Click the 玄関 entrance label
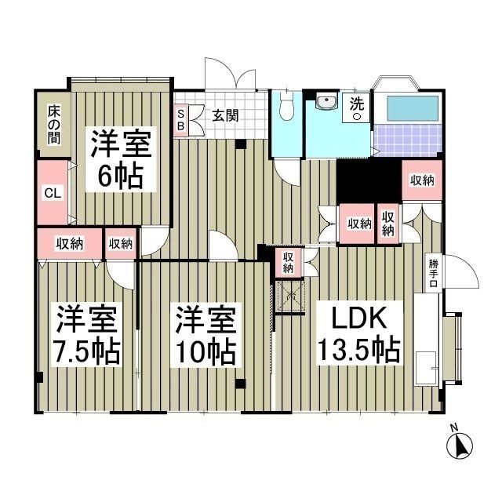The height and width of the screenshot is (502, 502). pos(225,116)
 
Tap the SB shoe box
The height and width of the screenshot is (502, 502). pos(180,119)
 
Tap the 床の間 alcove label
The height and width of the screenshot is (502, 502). pos(52,122)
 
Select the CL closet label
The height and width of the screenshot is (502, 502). pos(50,192)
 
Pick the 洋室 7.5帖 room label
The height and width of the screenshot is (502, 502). pos(86,333)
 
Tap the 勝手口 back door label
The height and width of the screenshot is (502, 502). pos(432,274)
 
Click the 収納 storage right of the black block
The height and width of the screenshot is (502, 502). pos(422,180)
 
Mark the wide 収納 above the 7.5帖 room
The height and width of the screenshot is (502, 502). pos(69,243)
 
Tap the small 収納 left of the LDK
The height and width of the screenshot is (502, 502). pos(289,262)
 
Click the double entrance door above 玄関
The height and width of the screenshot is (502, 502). pos(229,78)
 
